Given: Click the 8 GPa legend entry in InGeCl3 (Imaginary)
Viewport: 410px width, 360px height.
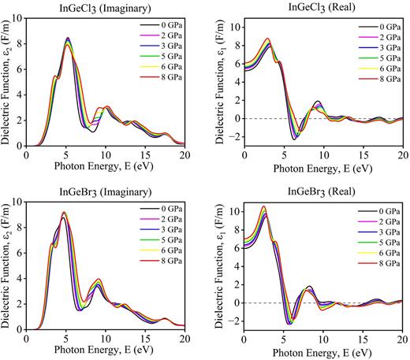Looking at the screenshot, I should click(162, 80).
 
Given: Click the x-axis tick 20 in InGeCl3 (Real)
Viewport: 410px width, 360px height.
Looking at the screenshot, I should click(403, 156).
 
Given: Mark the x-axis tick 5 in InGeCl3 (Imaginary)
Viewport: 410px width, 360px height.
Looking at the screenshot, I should click(65, 156).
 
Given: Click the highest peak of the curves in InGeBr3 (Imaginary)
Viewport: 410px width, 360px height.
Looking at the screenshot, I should click(64, 212).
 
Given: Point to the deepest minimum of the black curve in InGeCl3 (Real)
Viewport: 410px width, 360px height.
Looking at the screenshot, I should click(294, 139).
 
